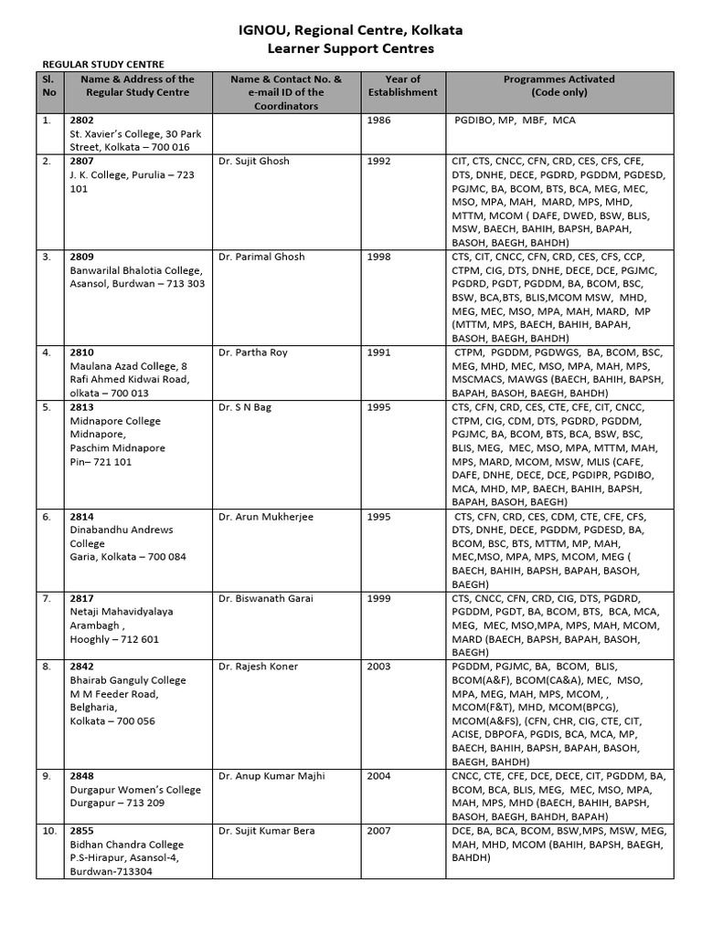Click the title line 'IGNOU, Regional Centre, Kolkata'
tap(351, 30)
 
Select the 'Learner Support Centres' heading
tap(351, 48)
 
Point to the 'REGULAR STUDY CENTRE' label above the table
tap(104, 64)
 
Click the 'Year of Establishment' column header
tap(402, 86)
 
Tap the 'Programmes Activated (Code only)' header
tap(559, 86)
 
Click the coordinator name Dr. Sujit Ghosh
tap(254, 162)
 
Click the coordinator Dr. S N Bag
tap(245, 407)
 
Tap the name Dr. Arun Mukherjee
tap(266, 517)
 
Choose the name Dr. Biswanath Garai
tap(266, 599)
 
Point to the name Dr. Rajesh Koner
tap(259, 667)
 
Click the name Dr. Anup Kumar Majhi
tap(271, 776)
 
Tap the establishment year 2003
tap(378, 667)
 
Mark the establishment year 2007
tap(378, 831)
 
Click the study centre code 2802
tap(82, 120)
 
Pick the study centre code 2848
tap(82, 776)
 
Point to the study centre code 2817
tap(82, 599)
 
